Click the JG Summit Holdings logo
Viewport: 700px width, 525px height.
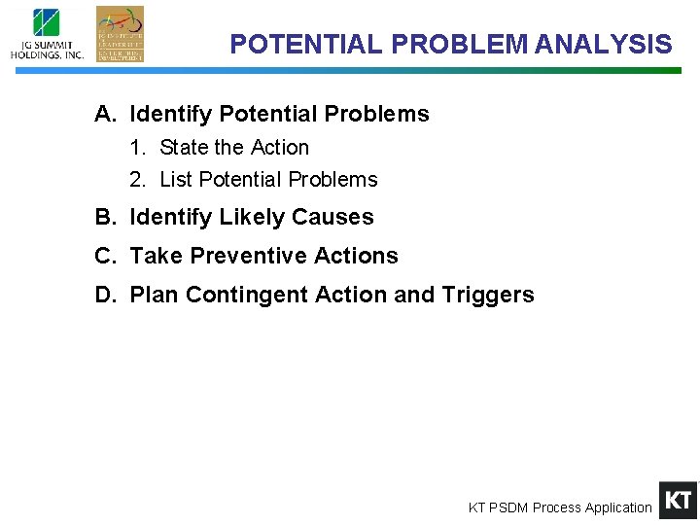click(47, 34)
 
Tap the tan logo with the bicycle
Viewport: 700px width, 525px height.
click(120, 33)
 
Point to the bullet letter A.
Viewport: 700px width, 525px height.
click(104, 115)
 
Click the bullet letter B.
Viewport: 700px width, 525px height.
click(104, 218)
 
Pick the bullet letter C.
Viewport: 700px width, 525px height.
click(104, 257)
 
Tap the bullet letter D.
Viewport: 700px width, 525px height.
click(104, 296)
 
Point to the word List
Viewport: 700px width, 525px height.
click(176, 180)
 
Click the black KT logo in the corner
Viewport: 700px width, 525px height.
click(678, 501)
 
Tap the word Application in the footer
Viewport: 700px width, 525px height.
click(618, 507)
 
